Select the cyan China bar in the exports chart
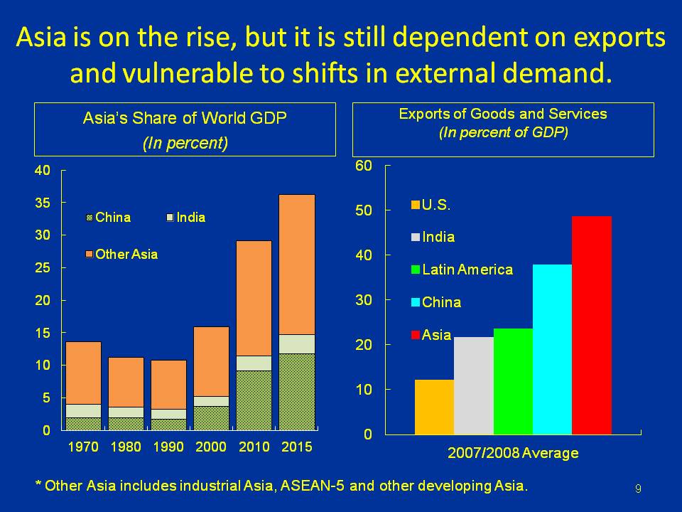click(552, 349)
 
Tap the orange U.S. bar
click(433, 407)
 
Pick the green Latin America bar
click(513, 381)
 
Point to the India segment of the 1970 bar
click(83, 411)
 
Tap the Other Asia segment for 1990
click(168, 384)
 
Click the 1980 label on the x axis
click(126, 448)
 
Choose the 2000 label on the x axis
click(211, 448)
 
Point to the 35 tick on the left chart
click(43, 203)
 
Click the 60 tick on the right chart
click(364, 166)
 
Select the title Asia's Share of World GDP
click(185, 119)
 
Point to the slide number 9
click(638, 488)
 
